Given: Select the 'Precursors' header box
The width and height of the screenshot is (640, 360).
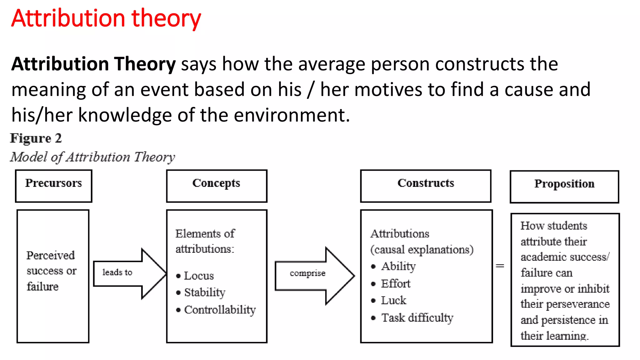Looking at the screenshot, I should point(53,186).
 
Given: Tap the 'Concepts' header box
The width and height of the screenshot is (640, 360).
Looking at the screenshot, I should point(217,186).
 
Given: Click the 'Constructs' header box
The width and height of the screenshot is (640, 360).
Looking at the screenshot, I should point(426,186).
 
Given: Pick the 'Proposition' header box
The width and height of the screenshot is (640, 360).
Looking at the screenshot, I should point(564,187).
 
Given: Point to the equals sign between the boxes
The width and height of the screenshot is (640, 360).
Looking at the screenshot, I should point(500,266).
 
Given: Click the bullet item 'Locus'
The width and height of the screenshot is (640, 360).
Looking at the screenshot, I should point(199,276).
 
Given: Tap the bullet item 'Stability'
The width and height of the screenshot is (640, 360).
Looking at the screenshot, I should point(205,292).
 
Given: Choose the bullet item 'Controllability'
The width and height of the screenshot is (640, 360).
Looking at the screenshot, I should point(220,310).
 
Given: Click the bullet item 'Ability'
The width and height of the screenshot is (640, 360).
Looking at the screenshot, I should point(398,266).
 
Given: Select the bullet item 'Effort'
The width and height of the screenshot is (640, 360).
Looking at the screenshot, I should point(395,284).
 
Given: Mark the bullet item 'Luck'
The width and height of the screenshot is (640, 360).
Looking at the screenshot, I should point(393,300).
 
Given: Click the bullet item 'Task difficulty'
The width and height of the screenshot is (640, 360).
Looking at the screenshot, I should point(417,318).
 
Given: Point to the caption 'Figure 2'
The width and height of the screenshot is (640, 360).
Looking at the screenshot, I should point(36,138).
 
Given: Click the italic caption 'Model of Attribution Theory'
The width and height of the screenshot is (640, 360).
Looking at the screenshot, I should point(92,157).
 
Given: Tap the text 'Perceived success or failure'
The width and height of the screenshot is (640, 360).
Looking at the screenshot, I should point(51,271).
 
